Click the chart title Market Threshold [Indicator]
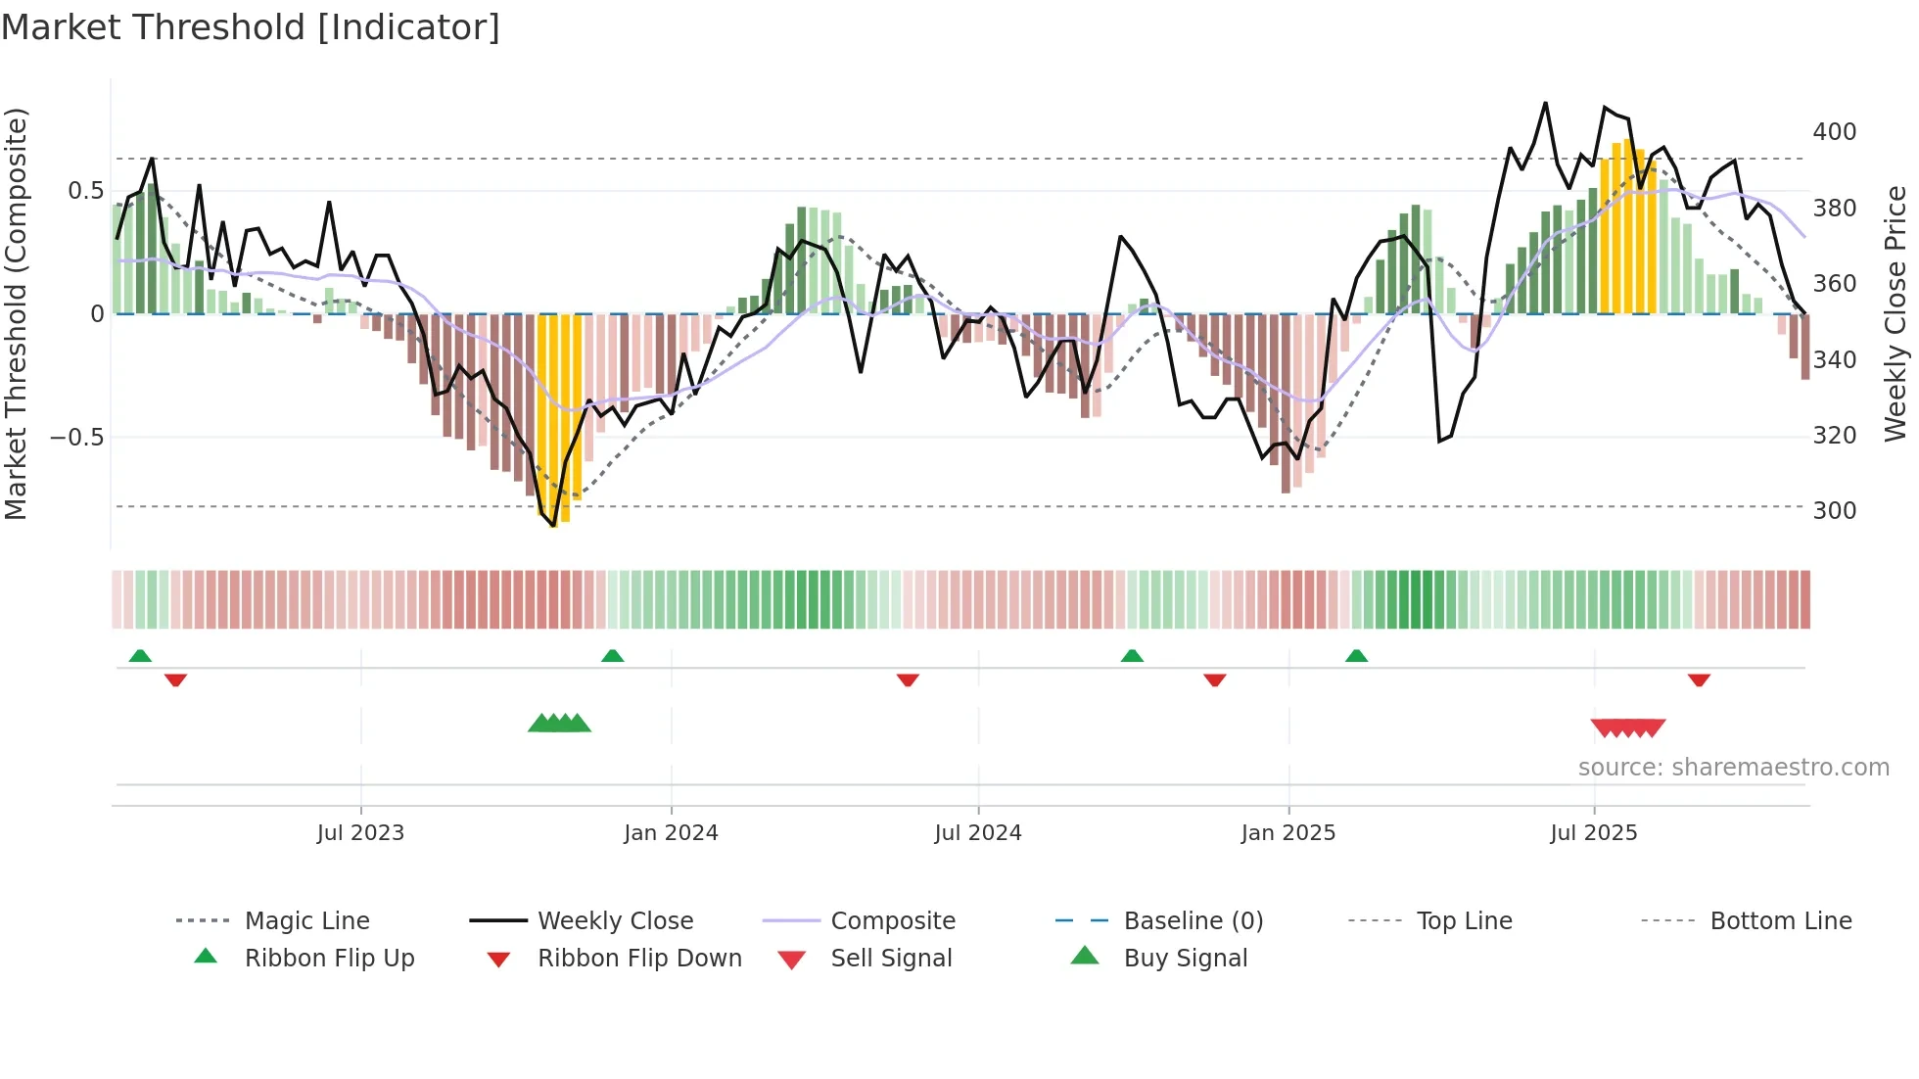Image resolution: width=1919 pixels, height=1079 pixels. click(251, 27)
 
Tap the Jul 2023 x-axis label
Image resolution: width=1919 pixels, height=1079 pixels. click(360, 833)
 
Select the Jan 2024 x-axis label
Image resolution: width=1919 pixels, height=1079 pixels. click(671, 833)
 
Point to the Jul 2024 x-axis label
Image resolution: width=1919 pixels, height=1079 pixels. click(977, 833)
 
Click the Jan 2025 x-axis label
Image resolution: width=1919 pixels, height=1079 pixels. click(1287, 833)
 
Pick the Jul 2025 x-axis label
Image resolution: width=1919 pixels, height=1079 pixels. click(1593, 833)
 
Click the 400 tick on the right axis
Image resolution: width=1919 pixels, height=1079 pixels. click(1834, 132)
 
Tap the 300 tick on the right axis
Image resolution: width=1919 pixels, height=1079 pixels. click(1834, 511)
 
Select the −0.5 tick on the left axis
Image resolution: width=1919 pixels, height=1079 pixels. click(77, 438)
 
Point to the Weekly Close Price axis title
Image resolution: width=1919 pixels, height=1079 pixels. click(1896, 313)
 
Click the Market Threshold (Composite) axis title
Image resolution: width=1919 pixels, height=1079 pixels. click(16, 313)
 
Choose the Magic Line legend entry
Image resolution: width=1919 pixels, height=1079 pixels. click(306, 921)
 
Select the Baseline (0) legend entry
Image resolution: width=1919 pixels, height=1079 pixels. click(1193, 921)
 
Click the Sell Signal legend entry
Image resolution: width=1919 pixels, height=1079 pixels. click(891, 959)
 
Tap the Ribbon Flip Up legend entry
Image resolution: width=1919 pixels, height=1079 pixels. click(329, 959)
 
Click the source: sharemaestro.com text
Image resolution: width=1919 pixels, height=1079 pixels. click(1733, 768)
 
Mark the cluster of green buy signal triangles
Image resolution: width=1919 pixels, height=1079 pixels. click(559, 724)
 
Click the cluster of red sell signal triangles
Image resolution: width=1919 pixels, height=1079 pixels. click(1627, 727)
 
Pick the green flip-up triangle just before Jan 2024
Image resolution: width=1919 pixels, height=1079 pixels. click(612, 656)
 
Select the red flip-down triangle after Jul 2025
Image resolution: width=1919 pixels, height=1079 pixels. click(1699, 680)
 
